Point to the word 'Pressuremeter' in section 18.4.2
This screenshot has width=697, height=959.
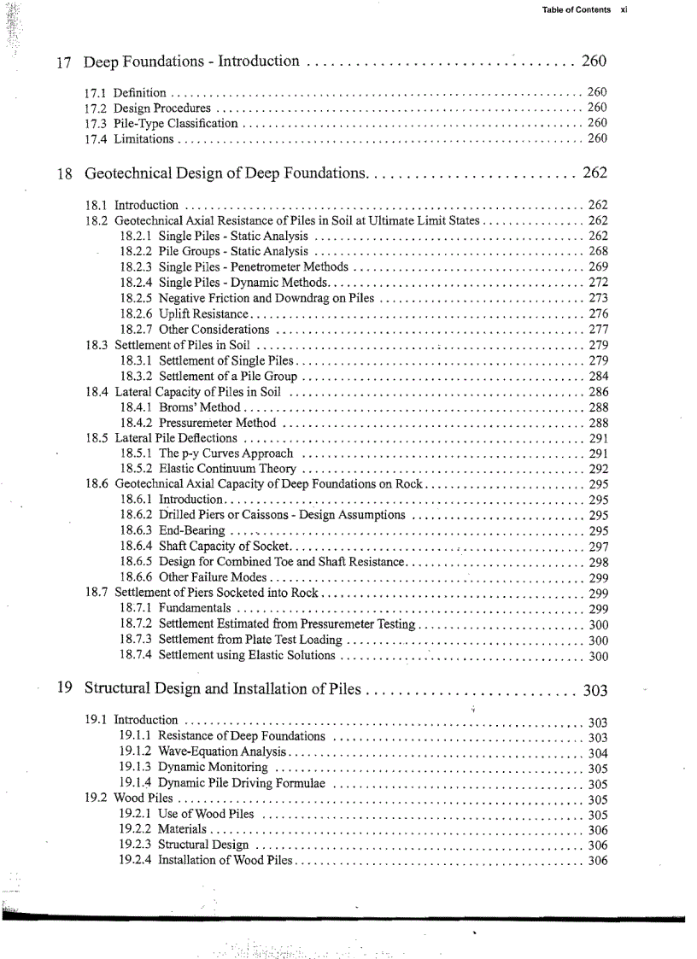(196, 423)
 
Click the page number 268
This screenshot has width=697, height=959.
(598, 251)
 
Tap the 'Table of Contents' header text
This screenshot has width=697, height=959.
(577, 10)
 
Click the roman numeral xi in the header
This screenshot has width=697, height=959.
(624, 10)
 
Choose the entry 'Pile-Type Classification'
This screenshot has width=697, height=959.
(176, 123)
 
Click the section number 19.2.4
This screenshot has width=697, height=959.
(136, 860)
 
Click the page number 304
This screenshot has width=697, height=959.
(598, 752)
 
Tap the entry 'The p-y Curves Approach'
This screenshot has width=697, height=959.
(226, 453)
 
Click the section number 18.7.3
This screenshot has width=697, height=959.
(137, 640)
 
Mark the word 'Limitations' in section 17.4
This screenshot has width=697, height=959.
(144, 138)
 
